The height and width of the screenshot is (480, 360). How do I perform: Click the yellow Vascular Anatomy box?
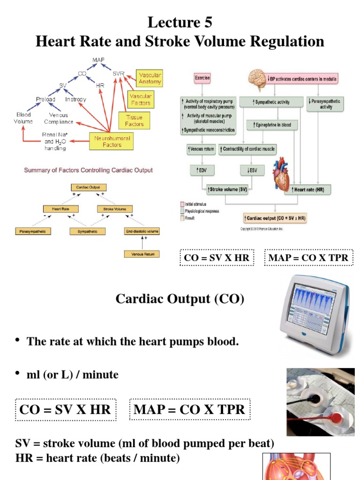tap(150, 78)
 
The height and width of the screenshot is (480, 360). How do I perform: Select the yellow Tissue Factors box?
tap(134, 120)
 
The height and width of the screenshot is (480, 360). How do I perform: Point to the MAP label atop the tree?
tap(98, 60)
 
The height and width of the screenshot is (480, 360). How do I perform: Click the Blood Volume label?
tap(24, 118)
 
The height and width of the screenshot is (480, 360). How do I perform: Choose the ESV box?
tap(252, 170)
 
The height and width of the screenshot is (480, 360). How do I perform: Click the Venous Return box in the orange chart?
tap(142, 254)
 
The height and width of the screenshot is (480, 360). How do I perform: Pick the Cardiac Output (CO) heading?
tap(180, 300)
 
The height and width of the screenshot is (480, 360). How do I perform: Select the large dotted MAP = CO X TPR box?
tap(189, 409)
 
